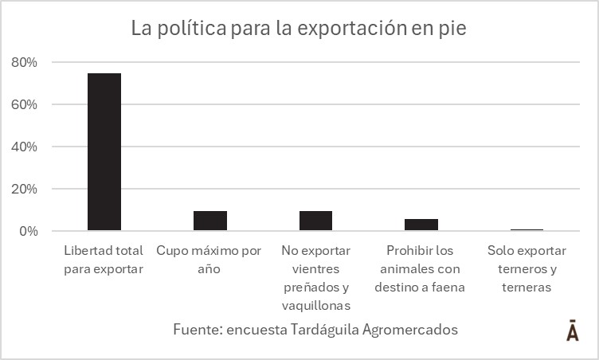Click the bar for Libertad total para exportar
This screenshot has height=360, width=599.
(104, 152)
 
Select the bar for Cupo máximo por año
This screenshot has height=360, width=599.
(209, 221)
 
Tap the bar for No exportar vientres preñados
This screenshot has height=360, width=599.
(315, 221)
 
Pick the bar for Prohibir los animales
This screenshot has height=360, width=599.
(421, 225)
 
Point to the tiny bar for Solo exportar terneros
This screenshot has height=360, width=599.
(527, 230)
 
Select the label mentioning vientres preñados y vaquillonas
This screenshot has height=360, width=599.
(315, 278)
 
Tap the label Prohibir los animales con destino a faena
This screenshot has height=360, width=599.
(421, 268)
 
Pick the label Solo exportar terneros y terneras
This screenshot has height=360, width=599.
(527, 268)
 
